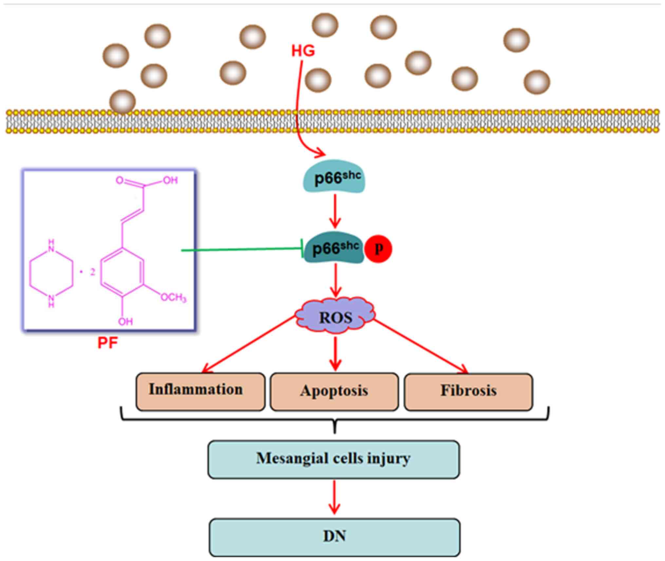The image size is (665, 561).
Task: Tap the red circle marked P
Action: coord(378,249)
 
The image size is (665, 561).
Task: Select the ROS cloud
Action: coord(336,317)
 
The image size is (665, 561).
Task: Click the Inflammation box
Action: coord(200,391)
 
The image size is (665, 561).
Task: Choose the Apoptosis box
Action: coord(334,391)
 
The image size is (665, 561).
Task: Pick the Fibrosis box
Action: coord(469,391)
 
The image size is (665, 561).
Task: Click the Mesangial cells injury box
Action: coord(334,459)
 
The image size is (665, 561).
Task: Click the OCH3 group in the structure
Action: coord(174,297)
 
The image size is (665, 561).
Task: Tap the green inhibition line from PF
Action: coord(243,250)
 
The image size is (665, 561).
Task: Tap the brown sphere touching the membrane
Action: coord(122,102)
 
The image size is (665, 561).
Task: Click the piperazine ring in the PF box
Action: coord(51,273)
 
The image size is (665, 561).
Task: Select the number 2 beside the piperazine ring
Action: coord(93,272)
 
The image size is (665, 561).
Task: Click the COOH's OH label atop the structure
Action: coord(170,180)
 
